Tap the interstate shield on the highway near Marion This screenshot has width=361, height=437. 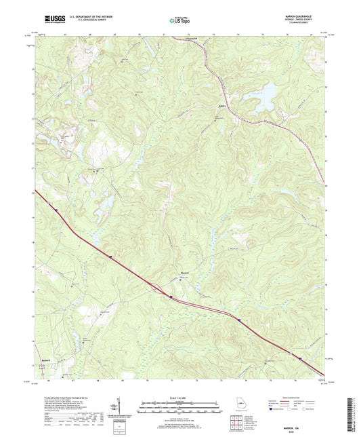tap(172, 297)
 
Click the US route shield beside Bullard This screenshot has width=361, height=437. tap(42, 366)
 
